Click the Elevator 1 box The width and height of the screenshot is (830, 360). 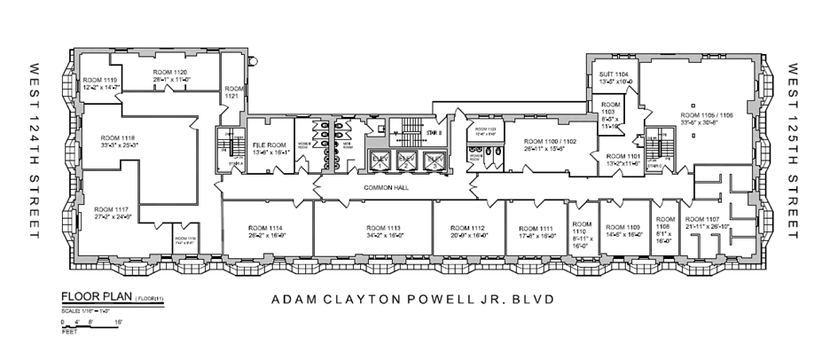pyautogui.click(x=380, y=162)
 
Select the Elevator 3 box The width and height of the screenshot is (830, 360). pyautogui.click(x=434, y=162)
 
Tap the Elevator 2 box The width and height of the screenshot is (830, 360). pyautogui.click(x=407, y=162)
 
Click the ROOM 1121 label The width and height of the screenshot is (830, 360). pyautogui.click(x=234, y=92)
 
